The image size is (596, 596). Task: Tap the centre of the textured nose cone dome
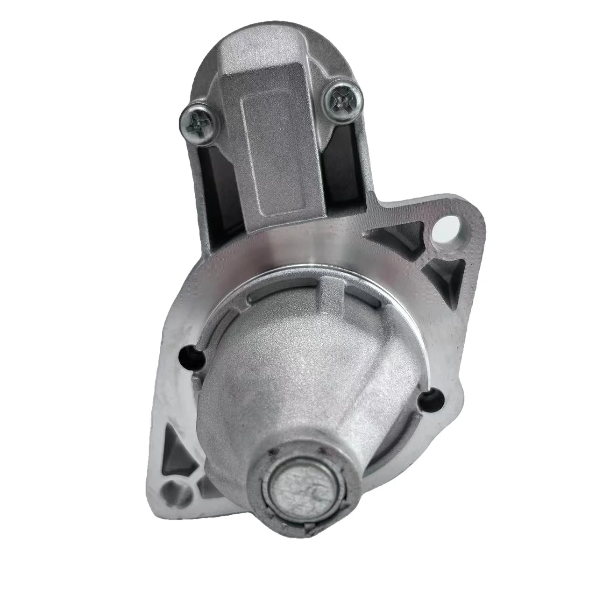(308, 374)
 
